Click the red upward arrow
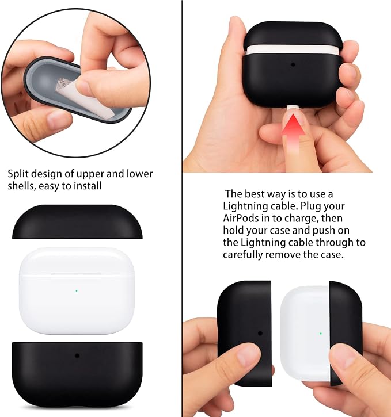tap(294, 133)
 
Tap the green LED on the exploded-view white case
tap(77, 291)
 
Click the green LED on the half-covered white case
tap(321, 333)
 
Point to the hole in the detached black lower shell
tap(77, 355)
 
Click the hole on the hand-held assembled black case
tap(293, 64)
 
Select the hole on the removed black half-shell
tap(260, 333)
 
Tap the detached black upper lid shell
tap(77, 221)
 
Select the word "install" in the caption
tap(88, 186)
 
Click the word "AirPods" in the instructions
tap(241, 218)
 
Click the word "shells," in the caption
tap(21, 186)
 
